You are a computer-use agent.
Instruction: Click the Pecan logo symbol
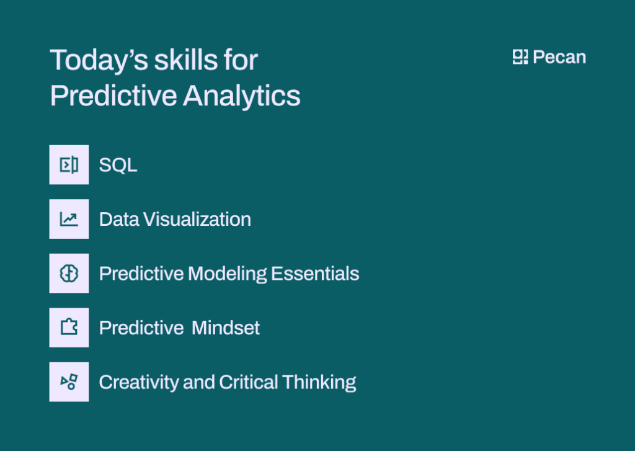point(520,57)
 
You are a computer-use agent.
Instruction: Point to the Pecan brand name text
point(559,57)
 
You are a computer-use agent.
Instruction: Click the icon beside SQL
point(69,164)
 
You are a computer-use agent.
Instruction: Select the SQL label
point(118,165)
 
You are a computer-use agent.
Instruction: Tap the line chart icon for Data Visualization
point(69,219)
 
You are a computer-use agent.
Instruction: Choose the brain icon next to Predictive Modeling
point(69,274)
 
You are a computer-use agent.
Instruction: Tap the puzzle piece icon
point(69,328)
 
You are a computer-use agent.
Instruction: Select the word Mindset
point(226,328)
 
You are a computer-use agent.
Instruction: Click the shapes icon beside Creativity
point(69,382)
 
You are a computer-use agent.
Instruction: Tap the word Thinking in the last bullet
point(319,382)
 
